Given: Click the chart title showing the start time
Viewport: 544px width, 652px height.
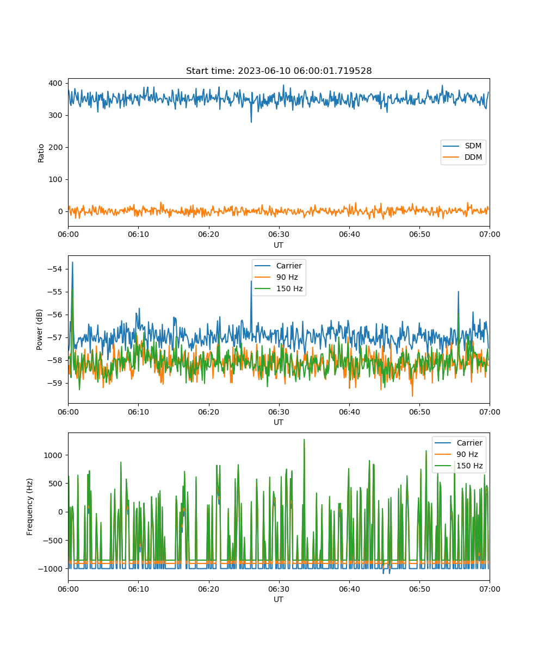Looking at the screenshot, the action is pyautogui.click(x=279, y=71).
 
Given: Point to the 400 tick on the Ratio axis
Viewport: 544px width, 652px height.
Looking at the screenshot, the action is pyautogui.click(x=55, y=83).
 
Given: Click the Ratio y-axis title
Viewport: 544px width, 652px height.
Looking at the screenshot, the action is pyautogui.click(x=41, y=153).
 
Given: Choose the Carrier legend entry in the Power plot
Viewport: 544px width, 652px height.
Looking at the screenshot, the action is pyautogui.click(x=278, y=266).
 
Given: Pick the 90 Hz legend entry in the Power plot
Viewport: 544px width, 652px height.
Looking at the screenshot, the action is pyautogui.click(x=276, y=277).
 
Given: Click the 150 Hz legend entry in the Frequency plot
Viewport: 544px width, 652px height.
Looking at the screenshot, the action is pyautogui.click(x=459, y=466).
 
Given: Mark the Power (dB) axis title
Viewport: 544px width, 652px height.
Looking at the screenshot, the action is pyautogui.click(x=39, y=329).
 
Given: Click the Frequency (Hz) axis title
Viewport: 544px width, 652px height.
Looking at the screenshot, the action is pyautogui.click(x=29, y=507).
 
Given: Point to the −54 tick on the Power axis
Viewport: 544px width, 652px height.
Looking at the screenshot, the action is pyautogui.click(x=55, y=269).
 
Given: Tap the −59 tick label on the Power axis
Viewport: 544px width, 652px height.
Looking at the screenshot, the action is pyautogui.click(x=55, y=383).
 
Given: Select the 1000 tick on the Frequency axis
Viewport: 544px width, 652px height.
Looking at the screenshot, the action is pyautogui.click(x=53, y=455).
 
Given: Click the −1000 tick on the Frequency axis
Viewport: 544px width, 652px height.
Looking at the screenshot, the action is pyautogui.click(x=51, y=569).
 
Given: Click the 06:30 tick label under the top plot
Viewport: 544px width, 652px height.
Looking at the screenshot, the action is pyautogui.click(x=279, y=234).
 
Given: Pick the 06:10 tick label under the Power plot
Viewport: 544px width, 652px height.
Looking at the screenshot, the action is pyautogui.click(x=138, y=412).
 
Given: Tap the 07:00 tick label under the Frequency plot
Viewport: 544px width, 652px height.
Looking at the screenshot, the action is pyautogui.click(x=490, y=589).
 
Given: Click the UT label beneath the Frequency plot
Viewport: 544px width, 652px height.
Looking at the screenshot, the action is pyautogui.click(x=278, y=599).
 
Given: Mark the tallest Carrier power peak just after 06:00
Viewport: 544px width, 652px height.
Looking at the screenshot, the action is pyautogui.click(x=72, y=262).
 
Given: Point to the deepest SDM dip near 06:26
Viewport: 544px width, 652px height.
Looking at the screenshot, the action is pyautogui.click(x=251, y=122).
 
